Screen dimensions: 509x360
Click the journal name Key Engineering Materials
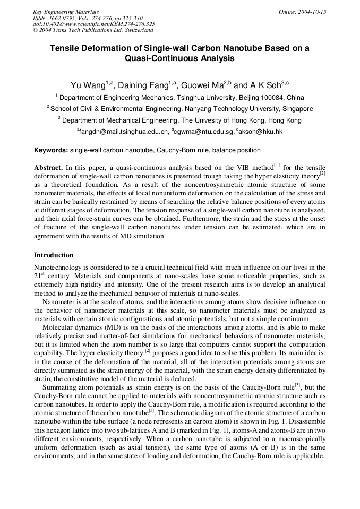[65, 12]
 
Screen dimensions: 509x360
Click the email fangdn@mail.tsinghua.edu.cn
[124, 131]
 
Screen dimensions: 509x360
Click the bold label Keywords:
[51, 150]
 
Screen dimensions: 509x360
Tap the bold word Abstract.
[48, 168]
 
